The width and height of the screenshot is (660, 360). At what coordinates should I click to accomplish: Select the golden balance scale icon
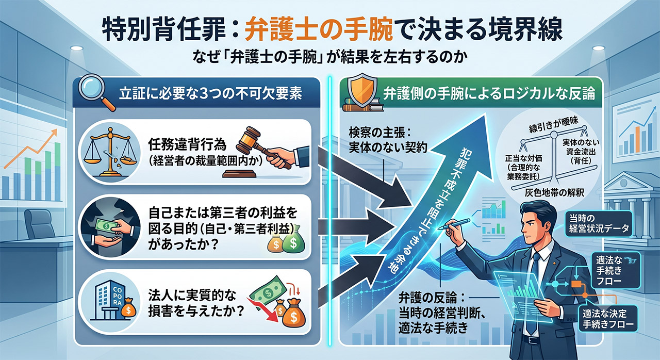tap(110, 152)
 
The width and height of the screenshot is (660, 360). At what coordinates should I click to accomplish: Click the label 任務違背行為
tap(187, 144)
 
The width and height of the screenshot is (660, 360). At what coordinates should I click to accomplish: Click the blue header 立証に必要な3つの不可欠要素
tap(211, 93)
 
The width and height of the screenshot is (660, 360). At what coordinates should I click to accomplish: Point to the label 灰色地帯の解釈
tap(554, 193)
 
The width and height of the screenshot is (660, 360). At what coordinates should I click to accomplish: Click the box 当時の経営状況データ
tap(599, 224)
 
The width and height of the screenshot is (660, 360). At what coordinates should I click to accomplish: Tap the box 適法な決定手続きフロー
tap(608, 319)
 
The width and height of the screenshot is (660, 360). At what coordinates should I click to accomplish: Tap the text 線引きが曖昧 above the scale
tap(554, 126)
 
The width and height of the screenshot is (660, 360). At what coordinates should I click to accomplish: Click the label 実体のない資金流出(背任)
tap(581, 152)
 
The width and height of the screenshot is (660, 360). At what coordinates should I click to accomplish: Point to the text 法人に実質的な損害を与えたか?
tap(196, 303)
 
